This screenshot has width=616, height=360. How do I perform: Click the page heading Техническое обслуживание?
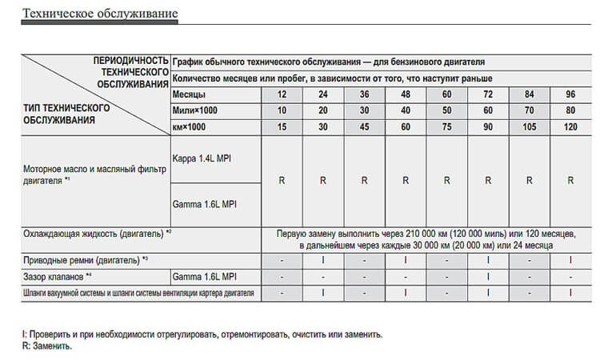point(101,14)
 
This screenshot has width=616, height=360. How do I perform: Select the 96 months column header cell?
point(570,94)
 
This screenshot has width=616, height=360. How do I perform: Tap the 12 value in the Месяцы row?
point(282,94)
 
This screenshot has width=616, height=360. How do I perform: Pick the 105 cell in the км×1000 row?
point(529,126)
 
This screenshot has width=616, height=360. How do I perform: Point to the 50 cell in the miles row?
point(446,110)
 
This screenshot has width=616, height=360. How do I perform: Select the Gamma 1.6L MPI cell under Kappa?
point(205,203)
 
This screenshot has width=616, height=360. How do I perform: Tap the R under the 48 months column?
point(406,180)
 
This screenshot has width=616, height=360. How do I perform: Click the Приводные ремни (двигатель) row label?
point(88,261)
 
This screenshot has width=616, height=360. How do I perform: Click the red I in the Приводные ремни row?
point(570,261)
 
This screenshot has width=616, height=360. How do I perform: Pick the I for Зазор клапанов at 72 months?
point(488,277)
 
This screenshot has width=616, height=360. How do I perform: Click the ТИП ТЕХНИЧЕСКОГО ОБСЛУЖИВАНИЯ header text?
point(67,113)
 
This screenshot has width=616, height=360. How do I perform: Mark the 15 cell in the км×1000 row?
point(282,126)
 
